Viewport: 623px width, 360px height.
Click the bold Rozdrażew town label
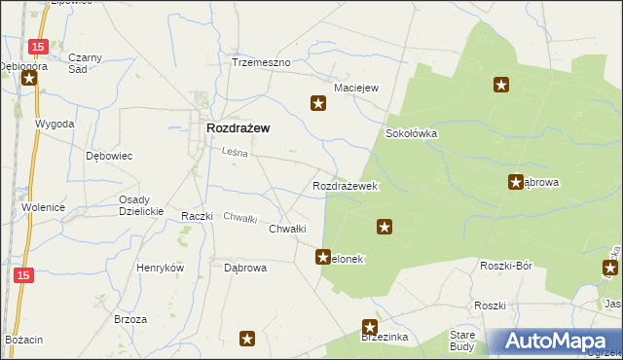point(238,127)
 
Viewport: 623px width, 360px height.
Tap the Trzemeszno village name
point(261,62)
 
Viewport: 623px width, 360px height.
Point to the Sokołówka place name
point(412,133)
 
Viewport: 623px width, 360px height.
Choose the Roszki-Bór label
point(505,265)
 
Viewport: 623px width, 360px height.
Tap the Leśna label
point(235,152)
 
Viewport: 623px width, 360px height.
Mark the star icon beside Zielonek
point(322,258)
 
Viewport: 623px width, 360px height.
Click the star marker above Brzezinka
point(370,328)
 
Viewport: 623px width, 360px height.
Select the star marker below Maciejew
point(317,102)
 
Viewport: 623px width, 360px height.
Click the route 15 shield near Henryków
point(24,276)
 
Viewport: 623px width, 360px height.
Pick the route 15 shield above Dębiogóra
point(37,46)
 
